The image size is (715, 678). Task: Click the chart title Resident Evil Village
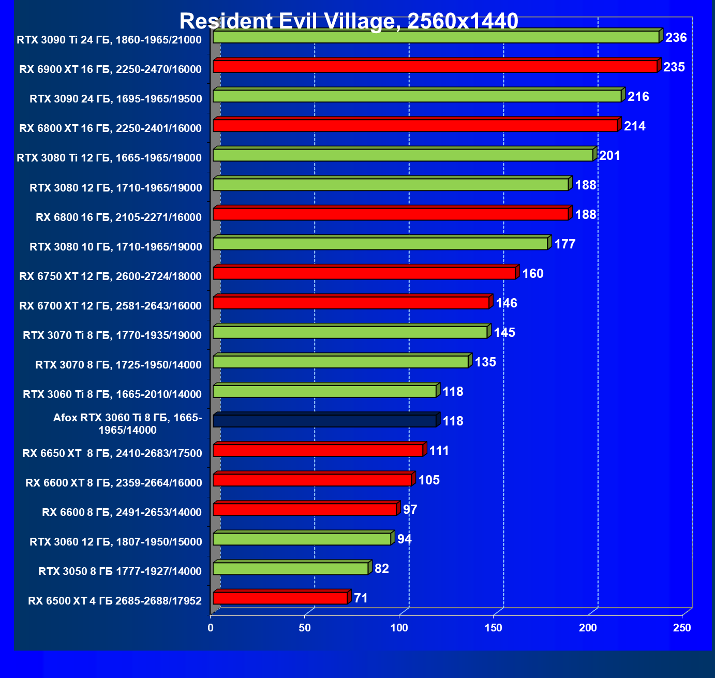[349, 21]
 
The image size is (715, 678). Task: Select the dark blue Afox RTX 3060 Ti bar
[325, 421]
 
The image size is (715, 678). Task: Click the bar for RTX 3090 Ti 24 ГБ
[436, 37]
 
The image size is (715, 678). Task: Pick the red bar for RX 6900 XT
[435, 67]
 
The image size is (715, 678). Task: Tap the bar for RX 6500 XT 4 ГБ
[280, 598]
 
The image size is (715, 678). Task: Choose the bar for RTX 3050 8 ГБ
[290, 569]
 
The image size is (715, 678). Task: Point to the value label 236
[676, 37]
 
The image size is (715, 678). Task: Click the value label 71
[361, 598]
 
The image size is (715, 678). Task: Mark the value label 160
[533, 273]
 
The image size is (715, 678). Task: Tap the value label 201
[609, 156]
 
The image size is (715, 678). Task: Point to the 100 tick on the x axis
[399, 628]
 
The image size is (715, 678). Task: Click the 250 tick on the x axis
[682, 628]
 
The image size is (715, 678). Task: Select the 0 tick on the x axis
[211, 628]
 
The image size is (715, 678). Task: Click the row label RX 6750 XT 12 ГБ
[110, 276]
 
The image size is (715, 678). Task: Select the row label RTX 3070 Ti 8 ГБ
[112, 335]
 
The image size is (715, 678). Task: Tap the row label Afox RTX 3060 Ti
[127, 424]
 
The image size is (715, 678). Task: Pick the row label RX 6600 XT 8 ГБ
[113, 483]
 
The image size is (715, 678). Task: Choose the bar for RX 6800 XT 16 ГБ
[415, 126]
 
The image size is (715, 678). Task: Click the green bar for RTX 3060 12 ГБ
[302, 539]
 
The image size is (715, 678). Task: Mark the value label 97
[410, 510]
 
